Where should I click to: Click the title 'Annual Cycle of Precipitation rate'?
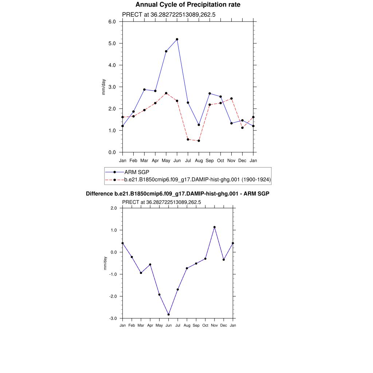188,5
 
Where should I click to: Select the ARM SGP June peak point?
177,39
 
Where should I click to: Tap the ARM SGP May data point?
166,51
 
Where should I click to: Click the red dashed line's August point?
199,141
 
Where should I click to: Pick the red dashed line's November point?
232,98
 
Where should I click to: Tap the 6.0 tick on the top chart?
112,21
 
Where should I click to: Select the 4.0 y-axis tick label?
112,65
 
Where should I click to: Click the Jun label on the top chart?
177,160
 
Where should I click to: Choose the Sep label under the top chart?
210,160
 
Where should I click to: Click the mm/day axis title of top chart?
104,87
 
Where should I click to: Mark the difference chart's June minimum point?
169,314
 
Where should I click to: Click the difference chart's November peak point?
215,227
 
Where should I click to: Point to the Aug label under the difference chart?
187,325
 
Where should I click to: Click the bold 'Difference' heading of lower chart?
177,194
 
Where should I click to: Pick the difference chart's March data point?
141,273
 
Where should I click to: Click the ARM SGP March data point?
144,90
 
